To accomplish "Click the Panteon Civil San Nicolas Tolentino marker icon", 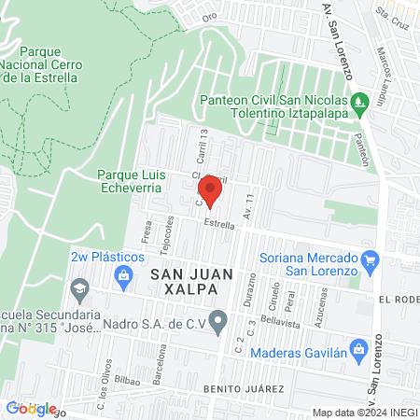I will pos(359,100).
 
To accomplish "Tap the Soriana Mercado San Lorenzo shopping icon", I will pos(371,259).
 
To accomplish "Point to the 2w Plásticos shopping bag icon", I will pos(122,273).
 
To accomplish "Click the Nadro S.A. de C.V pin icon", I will pos(218,323).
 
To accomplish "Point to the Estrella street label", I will pos(218,224).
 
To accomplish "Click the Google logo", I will pos(31,408).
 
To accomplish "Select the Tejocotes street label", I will pos(170,231).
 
